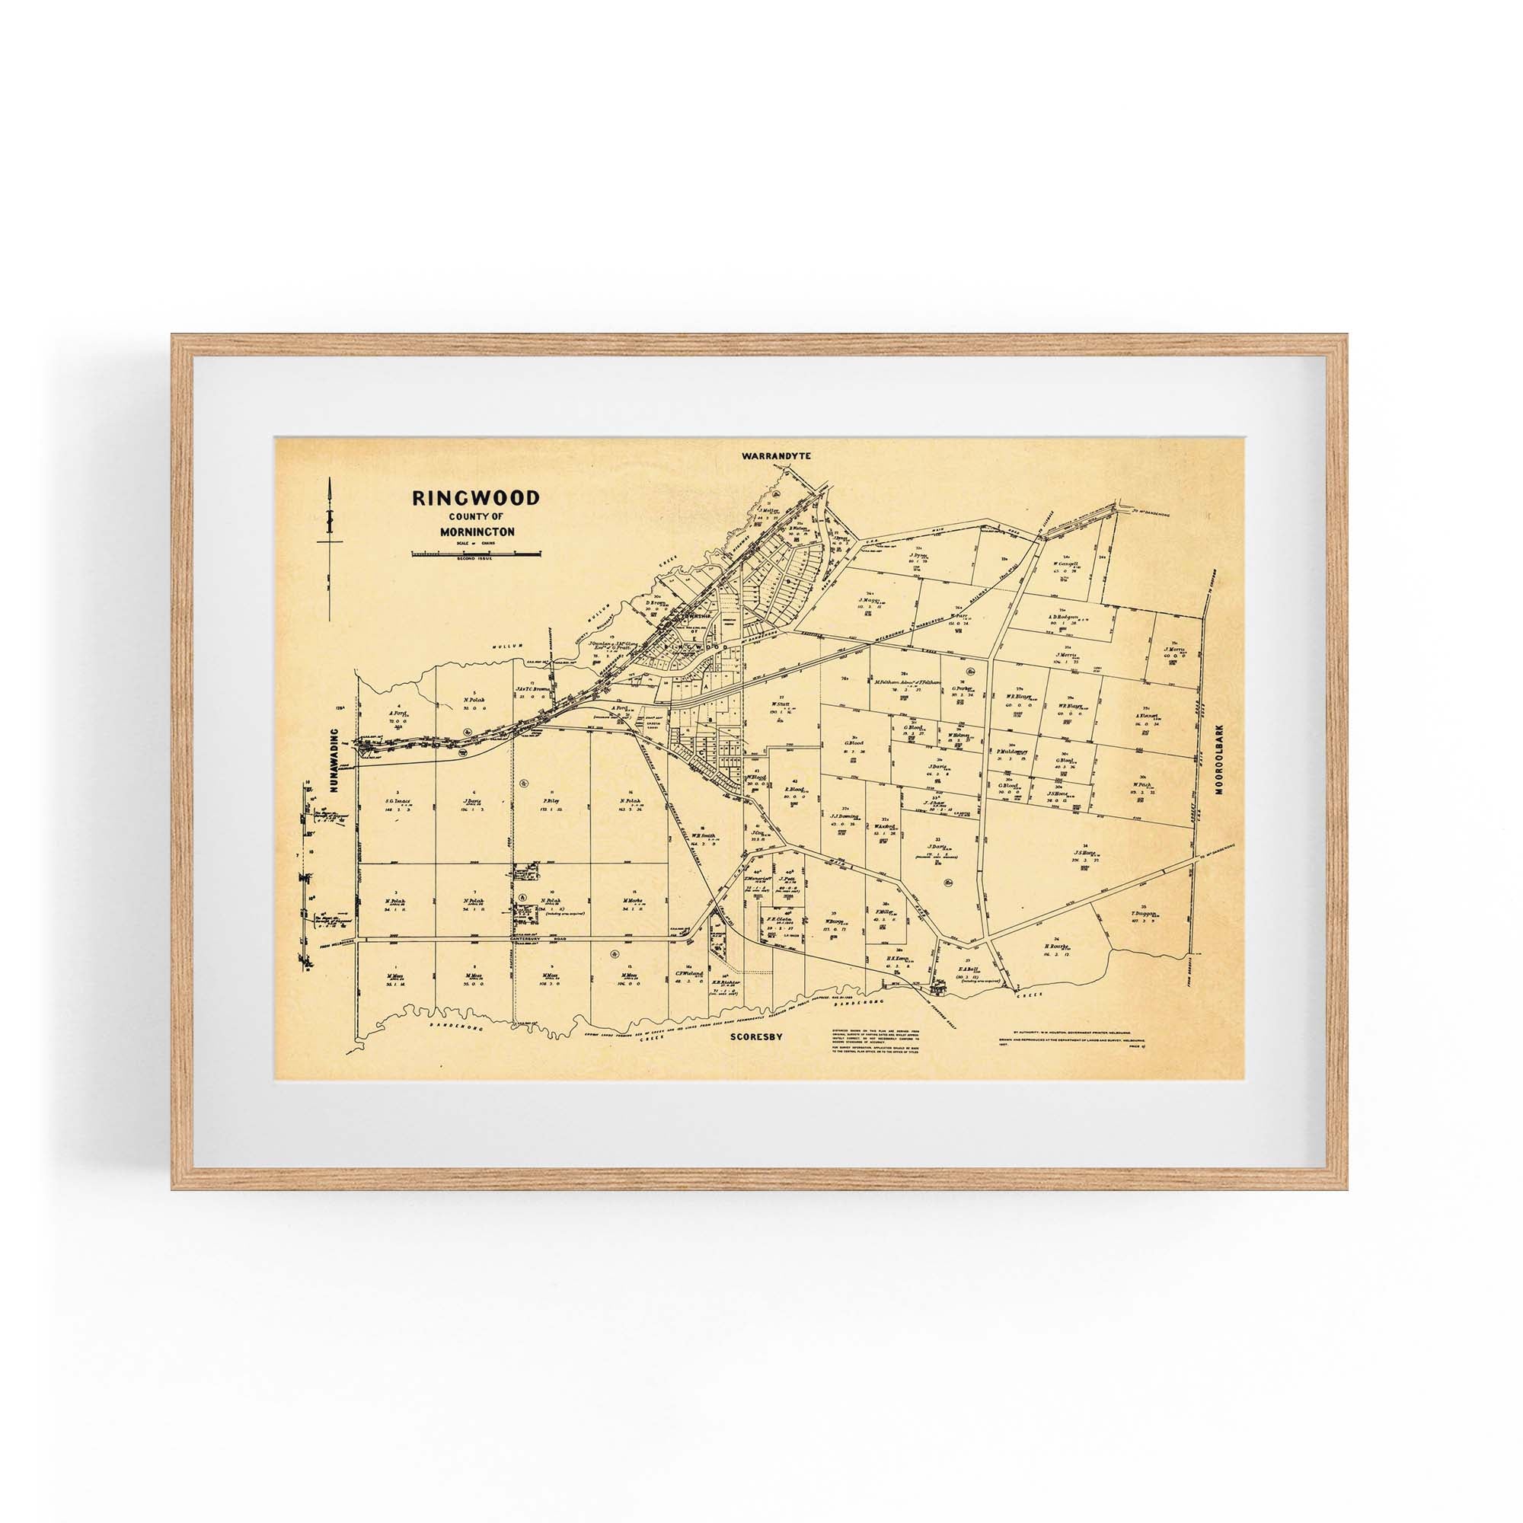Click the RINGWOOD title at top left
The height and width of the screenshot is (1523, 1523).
pos(475,498)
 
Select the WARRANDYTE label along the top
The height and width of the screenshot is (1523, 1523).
pos(776,455)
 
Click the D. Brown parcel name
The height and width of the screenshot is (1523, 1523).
pos(656,602)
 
